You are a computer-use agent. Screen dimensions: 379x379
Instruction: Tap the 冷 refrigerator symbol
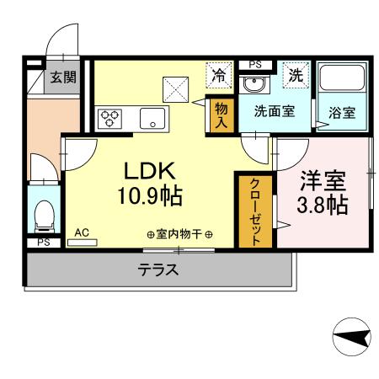click(x=218, y=74)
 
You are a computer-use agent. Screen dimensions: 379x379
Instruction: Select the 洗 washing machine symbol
click(x=296, y=74)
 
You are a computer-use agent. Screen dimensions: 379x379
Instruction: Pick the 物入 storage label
click(x=221, y=114)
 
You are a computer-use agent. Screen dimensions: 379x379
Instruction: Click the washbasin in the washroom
click(x=252, y=85)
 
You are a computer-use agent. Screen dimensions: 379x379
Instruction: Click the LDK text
click(x=151, y=171)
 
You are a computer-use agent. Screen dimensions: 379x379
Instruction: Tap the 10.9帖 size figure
click(x=151, y=198)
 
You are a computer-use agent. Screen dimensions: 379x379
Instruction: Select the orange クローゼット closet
click(x=255, y=211)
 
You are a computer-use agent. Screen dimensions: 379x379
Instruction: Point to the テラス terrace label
click(x=158, y=270)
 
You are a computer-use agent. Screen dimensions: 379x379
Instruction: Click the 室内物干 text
click(x=179, y=235)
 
